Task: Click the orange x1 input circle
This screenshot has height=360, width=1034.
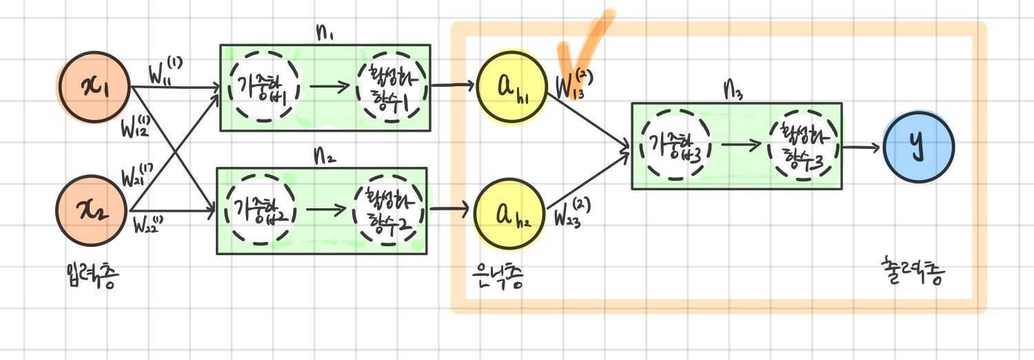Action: tap(92, 90)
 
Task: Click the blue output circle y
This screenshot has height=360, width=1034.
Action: tap(918, 146)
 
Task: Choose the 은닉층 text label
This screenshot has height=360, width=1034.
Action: tap(494, 279)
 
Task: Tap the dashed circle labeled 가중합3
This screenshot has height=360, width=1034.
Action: tap(675, 146)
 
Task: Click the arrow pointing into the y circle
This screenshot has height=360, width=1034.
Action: tap(862, 147)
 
